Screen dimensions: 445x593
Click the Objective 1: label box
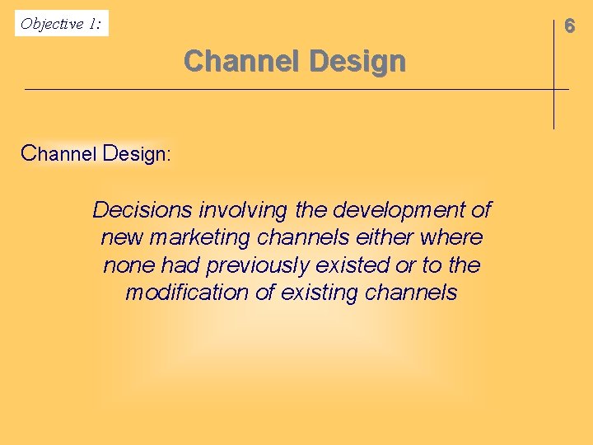pos(62,23)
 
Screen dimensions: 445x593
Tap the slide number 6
pos(569,26)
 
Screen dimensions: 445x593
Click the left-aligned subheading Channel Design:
pos(96,154)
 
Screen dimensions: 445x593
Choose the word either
pos(387,238)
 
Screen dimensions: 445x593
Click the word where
pos(451,238)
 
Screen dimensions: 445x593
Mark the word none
pos(128,265)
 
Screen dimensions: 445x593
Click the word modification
pos(189,293)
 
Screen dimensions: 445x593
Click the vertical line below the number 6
pos(553,107)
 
